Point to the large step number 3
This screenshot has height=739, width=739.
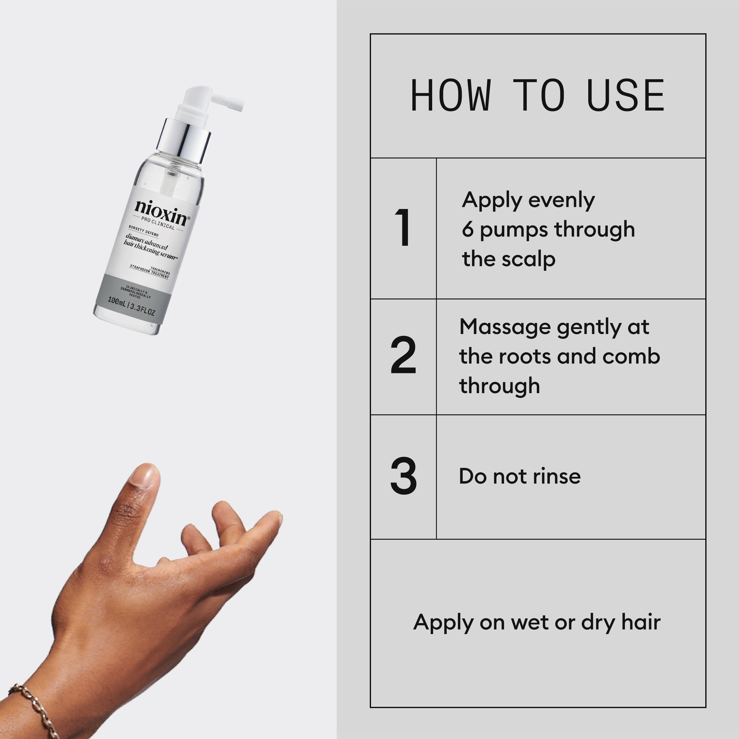(403, 476)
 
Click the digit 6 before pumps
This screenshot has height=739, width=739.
(467, 229)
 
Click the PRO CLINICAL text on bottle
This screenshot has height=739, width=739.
(158, 224)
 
